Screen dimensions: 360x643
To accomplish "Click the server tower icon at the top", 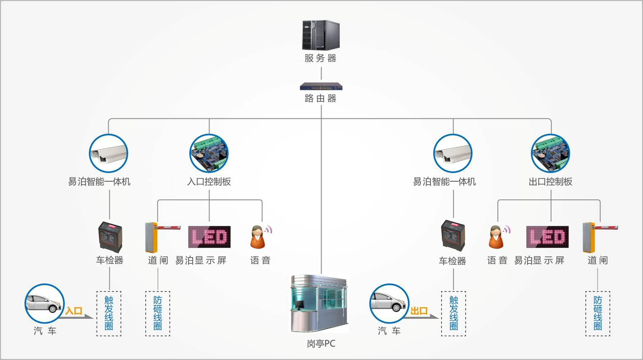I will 320,35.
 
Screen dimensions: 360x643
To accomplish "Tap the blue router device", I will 321,87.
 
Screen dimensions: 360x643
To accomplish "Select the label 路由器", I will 320,98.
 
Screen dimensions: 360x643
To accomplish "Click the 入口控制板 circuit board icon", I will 209,153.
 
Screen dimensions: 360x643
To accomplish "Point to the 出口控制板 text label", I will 550,182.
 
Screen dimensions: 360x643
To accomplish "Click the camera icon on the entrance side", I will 108,153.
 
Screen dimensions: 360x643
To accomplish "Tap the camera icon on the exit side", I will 453,153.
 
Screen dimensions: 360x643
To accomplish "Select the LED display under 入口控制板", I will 209,237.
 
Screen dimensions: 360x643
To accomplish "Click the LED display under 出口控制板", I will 547,237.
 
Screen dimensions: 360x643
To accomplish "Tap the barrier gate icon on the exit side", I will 599,237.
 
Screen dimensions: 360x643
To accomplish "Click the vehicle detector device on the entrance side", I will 110,237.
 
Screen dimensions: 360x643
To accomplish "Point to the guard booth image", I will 320,304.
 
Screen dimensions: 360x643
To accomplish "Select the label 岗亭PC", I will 321,344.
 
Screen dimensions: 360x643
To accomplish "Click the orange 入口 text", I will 74,311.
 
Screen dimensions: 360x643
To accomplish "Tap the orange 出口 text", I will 419,311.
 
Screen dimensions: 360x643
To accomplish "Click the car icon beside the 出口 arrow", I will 389,303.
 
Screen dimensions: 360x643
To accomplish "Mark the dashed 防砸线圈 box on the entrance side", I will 158,313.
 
